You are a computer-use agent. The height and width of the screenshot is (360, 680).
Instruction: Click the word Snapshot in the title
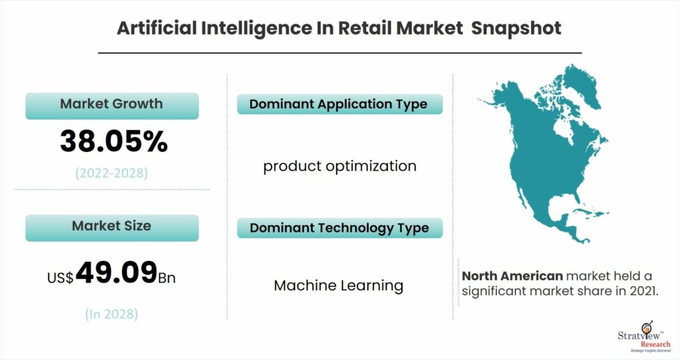[516, 28]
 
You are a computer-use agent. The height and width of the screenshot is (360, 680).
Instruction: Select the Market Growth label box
[112, 106]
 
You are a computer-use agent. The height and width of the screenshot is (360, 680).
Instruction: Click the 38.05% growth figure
[114, 141]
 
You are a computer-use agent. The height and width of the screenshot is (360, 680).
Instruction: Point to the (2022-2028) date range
[112, 173]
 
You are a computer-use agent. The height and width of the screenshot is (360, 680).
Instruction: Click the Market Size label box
[112, 228]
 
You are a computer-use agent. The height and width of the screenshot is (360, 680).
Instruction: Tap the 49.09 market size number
[116, 272]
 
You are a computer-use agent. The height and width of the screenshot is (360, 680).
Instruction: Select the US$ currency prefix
[60, 278]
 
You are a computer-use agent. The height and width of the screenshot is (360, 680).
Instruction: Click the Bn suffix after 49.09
[167, 278]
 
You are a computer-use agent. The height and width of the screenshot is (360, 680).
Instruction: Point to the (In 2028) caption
[112, 314]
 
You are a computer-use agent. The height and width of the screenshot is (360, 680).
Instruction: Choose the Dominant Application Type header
[339, 104]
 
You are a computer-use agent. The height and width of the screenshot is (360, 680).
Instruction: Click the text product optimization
[339, 166]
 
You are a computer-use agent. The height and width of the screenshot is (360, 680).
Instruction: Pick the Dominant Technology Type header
[339, 228]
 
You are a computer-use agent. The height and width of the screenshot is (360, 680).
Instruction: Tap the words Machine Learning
[339, 286]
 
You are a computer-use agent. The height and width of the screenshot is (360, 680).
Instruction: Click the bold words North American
[512, 276]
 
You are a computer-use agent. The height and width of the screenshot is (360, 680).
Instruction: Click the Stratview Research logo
[644, 337]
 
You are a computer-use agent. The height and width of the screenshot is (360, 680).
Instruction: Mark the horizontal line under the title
[339, 53]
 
